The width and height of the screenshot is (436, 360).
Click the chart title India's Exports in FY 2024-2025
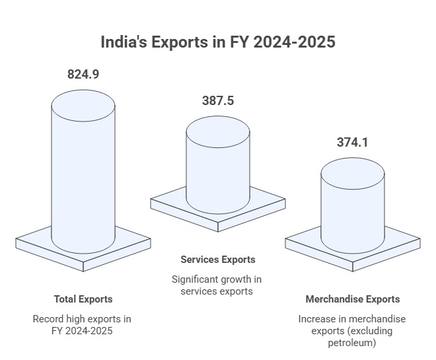[218, 42]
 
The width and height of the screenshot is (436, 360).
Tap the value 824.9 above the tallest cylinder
[83, 74]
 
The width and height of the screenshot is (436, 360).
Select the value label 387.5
[218, 101]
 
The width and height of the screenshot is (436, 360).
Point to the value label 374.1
[353, 142]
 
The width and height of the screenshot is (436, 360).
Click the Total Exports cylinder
[83, 178]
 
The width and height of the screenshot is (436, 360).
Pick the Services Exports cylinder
[218, 168]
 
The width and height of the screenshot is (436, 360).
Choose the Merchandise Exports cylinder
[353, 205]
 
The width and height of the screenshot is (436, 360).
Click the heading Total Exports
[83, 299]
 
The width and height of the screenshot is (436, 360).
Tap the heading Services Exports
[218, 259]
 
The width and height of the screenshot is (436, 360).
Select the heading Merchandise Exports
[353, 299]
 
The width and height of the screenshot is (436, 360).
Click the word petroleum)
[353, 343]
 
